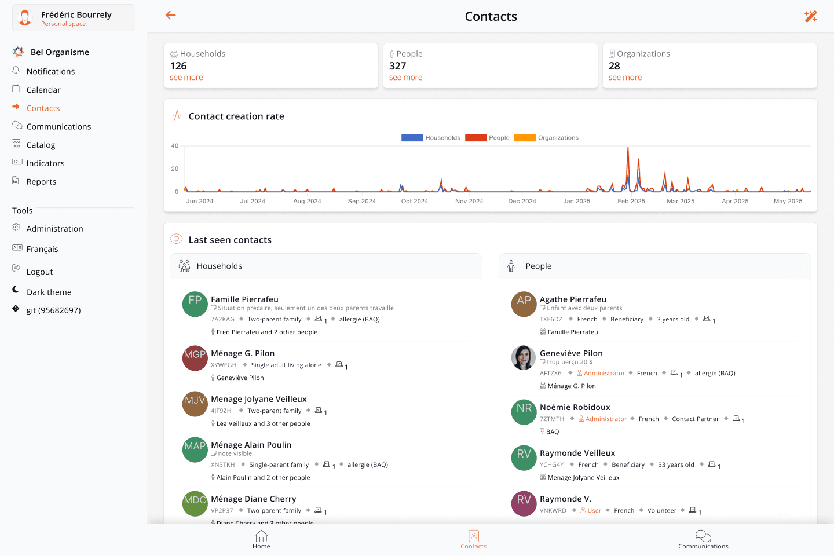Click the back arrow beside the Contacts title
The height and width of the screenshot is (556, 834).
tap(170, 16)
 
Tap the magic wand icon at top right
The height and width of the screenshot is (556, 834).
tap(810, 16)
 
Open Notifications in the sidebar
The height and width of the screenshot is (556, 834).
tap(50, 71)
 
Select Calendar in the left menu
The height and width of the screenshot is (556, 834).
tap(43, 90)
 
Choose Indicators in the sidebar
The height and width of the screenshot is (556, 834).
tap(45, 163)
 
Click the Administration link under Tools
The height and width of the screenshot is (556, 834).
tap(54, 229)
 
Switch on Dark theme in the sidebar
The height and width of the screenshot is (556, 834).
tap(49, 292)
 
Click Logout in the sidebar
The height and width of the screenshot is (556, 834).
tap(39, 272)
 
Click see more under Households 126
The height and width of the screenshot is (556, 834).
tap(186, 78)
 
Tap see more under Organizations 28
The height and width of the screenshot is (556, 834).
tap(625, 78)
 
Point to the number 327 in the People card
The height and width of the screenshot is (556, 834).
tap(397, 66)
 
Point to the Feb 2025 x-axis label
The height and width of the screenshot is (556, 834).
tap(631, 202)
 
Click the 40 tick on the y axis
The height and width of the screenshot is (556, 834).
tap(175, 146)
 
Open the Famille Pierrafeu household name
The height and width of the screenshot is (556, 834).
tap(244, 299)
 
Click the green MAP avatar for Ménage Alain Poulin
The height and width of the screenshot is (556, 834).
tap(195, 449)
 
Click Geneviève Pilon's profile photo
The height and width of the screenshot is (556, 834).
tap(524, 358)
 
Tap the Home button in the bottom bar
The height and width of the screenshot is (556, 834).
tap(261, 540)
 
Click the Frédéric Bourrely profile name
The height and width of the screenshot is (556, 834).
tap(76, 15)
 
